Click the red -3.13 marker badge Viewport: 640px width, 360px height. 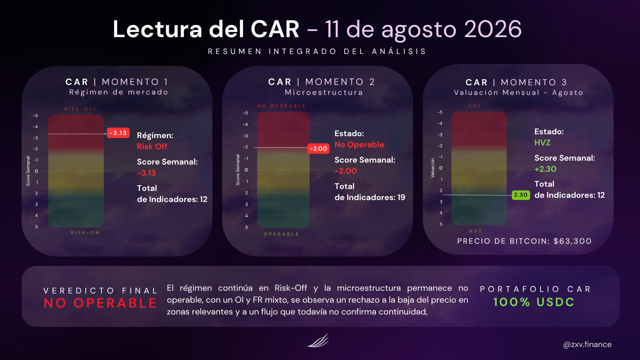tap(118, 133)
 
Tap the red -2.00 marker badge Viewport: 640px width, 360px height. tap(318, 148)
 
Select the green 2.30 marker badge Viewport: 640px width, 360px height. tap(521, 195)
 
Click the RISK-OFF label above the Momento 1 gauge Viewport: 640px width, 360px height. tap(80, 109)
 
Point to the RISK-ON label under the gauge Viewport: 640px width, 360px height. tap(85, 233)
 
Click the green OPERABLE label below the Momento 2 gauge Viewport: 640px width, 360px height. tap(281, 234)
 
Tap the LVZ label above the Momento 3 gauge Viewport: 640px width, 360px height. tap(475, 106)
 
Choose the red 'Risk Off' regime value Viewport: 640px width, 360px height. tap(152, 147)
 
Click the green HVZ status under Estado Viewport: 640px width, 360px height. tap(542, 143)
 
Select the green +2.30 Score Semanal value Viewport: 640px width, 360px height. tap(545, 169)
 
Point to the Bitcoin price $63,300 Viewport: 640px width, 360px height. tap(573, 241)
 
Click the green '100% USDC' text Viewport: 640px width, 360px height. tap(534, 302)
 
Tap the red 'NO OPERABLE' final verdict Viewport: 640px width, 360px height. tap(100, 303)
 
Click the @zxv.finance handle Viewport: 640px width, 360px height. tap(587, 345)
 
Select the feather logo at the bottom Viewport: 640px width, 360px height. tap(318, 340)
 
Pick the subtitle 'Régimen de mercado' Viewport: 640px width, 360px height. tap(119, 92)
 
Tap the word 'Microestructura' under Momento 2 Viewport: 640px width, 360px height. tap(324, 93)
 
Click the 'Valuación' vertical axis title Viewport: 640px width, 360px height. tap(433, 168)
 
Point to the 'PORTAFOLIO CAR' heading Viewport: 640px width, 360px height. tap(536, 289)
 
